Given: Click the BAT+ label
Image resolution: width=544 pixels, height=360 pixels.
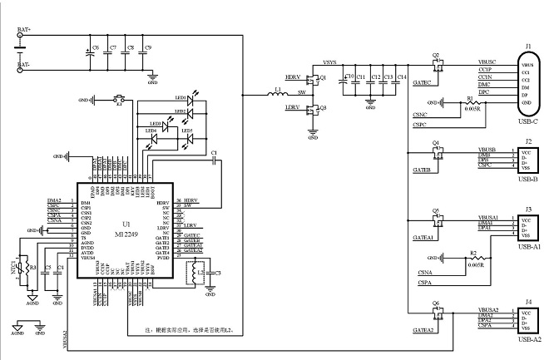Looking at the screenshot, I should [x=24, y=30].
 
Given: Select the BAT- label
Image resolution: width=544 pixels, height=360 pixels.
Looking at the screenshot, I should [x=24, y=64].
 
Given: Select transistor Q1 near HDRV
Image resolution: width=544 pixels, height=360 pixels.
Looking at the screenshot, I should [x=313, y=80].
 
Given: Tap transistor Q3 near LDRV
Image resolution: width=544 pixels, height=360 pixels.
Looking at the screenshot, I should [x=313, y=109].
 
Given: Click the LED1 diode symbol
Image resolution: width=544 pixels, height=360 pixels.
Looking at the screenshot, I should [x=190, y=100].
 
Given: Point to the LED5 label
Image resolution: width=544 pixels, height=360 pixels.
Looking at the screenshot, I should [x=188, y=131].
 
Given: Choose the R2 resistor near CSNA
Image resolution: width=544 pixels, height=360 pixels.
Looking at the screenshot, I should [x=472, y=258].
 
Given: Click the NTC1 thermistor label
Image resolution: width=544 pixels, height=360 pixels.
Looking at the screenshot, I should [x=14, y=268].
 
